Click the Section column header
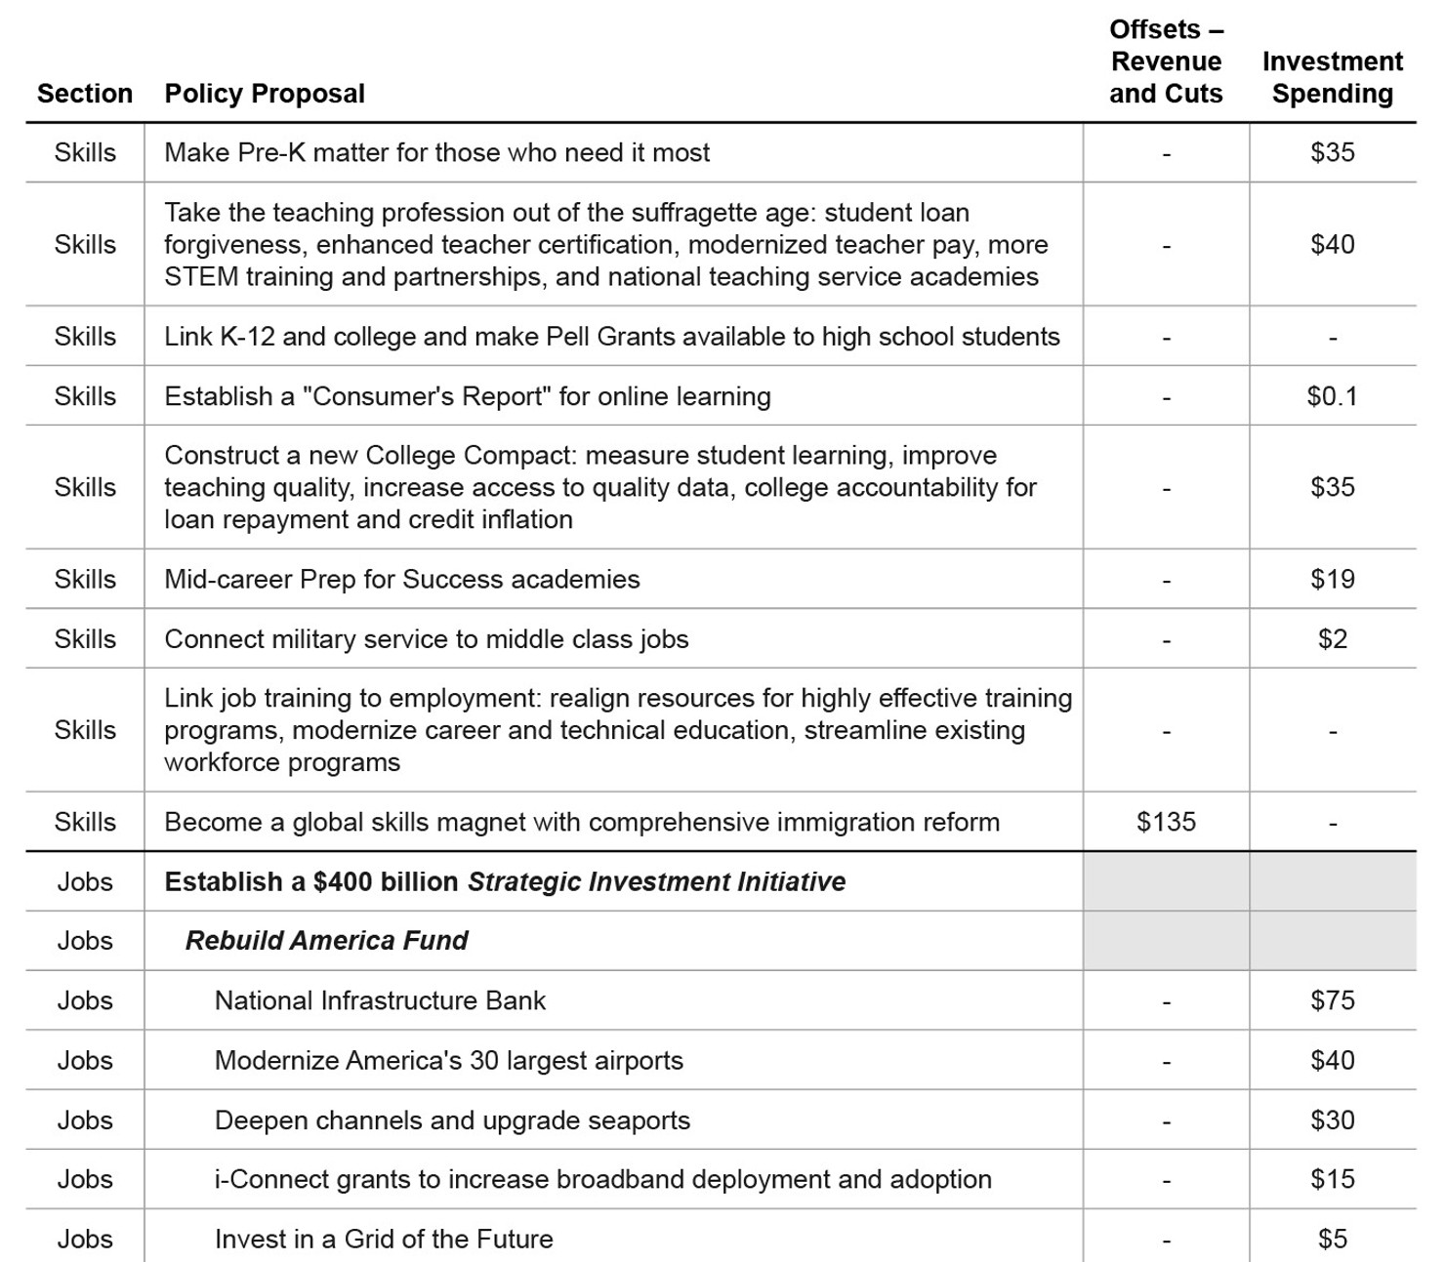(x=85, y=94)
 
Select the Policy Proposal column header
(x=265, y=94)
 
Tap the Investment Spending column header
(x=1332, y=77)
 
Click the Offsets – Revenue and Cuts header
(x=1166, y=61)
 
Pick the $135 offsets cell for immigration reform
(x=1166, y=822)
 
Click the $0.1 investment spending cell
(x=1332, y=396)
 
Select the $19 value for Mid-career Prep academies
(x=1332, y=579)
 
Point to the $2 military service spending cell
(x=1332, y=639)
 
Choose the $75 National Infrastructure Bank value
(x=1332, y=1000)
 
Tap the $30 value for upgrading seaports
(x=1332, y=1120)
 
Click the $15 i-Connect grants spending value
(x=1332, y=1179)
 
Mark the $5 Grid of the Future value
(x=1332, y=1240)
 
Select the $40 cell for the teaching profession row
(x=1332, y=244)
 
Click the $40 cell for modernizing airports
(x=1332, y=1061)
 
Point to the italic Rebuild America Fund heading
(x=326, y=941)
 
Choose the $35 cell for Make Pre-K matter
(x=1332, y=152)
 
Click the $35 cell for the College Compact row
(x=1332, y=487)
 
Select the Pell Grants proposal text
(x=611, y=337)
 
